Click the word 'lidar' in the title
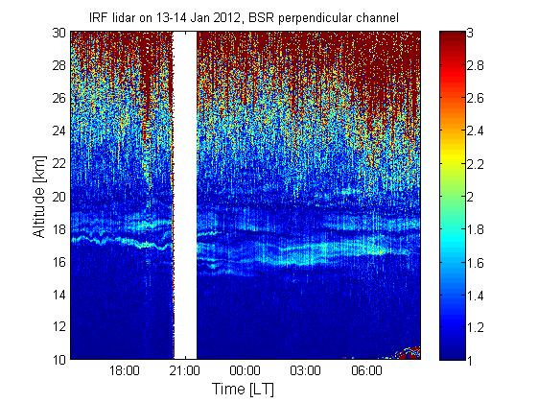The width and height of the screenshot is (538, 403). coord(124,17)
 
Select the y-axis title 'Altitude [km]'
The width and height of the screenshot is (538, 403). coord(39,197)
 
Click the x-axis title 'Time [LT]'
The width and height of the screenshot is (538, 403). coord(243,389)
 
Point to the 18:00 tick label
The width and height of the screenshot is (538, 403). coord(125,370)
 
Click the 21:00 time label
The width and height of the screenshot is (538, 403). coord(184,370)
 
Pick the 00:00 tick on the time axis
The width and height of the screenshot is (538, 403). coord(245,370)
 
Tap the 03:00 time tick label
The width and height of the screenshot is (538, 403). coord(305,370)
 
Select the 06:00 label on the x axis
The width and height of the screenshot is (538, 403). coord(366,370)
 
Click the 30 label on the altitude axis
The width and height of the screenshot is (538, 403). coord(58,33)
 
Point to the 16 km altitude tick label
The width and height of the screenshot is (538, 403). coord(58,262)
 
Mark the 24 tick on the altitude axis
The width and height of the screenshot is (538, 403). coord(58,130)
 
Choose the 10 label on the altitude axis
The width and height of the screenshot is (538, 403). coord(58,360)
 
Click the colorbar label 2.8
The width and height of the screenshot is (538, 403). coord(476,65)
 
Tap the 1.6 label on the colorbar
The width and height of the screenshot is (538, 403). coord(476,263)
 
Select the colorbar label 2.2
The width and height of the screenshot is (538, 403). coord(476,164)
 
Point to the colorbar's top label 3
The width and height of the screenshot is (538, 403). coord(470,33)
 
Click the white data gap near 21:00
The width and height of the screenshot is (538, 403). coord(185,195)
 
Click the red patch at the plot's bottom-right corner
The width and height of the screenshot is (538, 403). coord(409,353)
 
